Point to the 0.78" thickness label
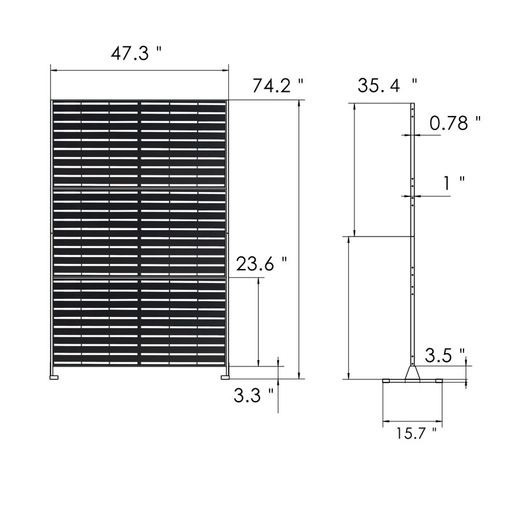coord(455,123)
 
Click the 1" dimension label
coord(455,183)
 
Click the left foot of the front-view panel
coord(54,377)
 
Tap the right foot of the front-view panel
coord(225,377)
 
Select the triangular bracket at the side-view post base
coord(413,372)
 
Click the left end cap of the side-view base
coord(387,381)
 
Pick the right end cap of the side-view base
coord(439,381)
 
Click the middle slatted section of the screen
coord(139,233)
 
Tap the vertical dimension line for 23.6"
coord(258,322)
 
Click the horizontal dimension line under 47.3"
coord(139,71)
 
